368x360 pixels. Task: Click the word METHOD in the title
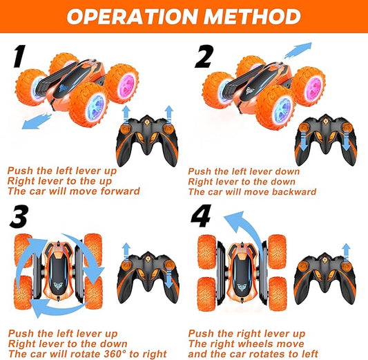[252, 16]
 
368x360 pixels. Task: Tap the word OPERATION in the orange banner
[132, 16]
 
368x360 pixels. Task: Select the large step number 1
[19, 56]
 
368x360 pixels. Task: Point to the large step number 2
[204, 57]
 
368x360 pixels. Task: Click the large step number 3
[19, 216]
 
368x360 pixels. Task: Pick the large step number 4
[201, 216]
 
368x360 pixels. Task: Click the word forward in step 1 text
[120, 191]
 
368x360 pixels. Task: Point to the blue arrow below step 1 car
[37, 121]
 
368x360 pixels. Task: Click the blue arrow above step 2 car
[298, 50]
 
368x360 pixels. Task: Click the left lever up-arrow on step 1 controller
[126, 113]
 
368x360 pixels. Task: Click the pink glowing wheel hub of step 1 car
[127, 85]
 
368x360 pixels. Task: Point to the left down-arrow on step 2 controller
[304, 141]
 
